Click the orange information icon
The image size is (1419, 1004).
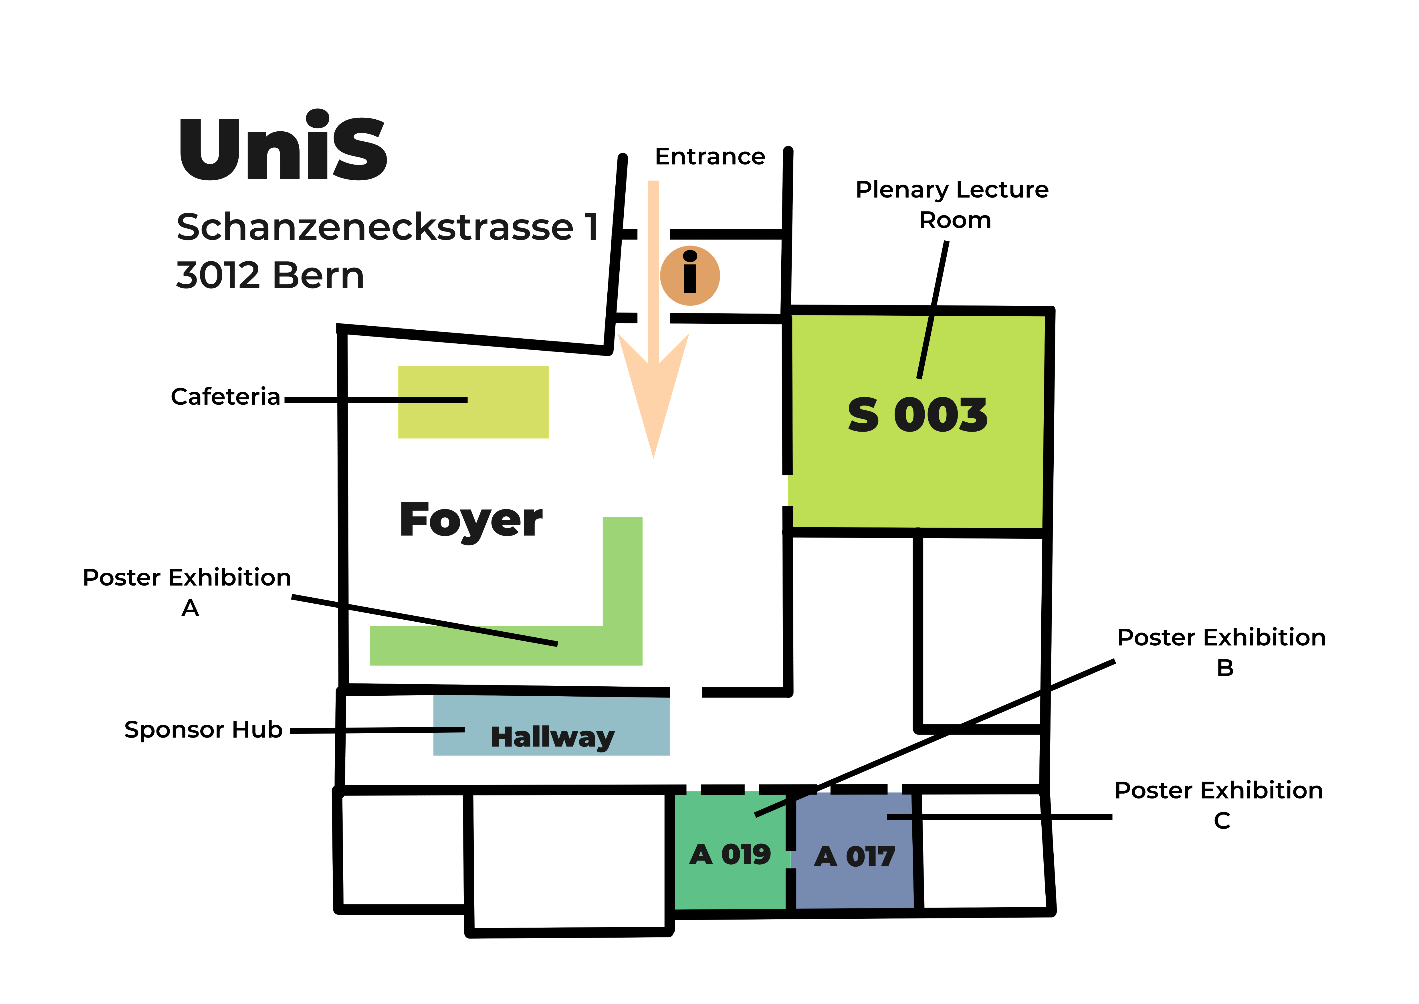[690, 276]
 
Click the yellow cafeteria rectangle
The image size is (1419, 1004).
[473, 402]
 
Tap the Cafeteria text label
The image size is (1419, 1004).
[226, 397]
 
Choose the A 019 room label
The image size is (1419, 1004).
[730, 855]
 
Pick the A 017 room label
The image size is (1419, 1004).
[855, 857]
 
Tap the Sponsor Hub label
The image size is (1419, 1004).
[203, 730]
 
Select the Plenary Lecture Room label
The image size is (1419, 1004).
[952, 205]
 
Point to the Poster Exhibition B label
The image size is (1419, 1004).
[1222, 652]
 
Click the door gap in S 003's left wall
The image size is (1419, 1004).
[787, 490]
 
